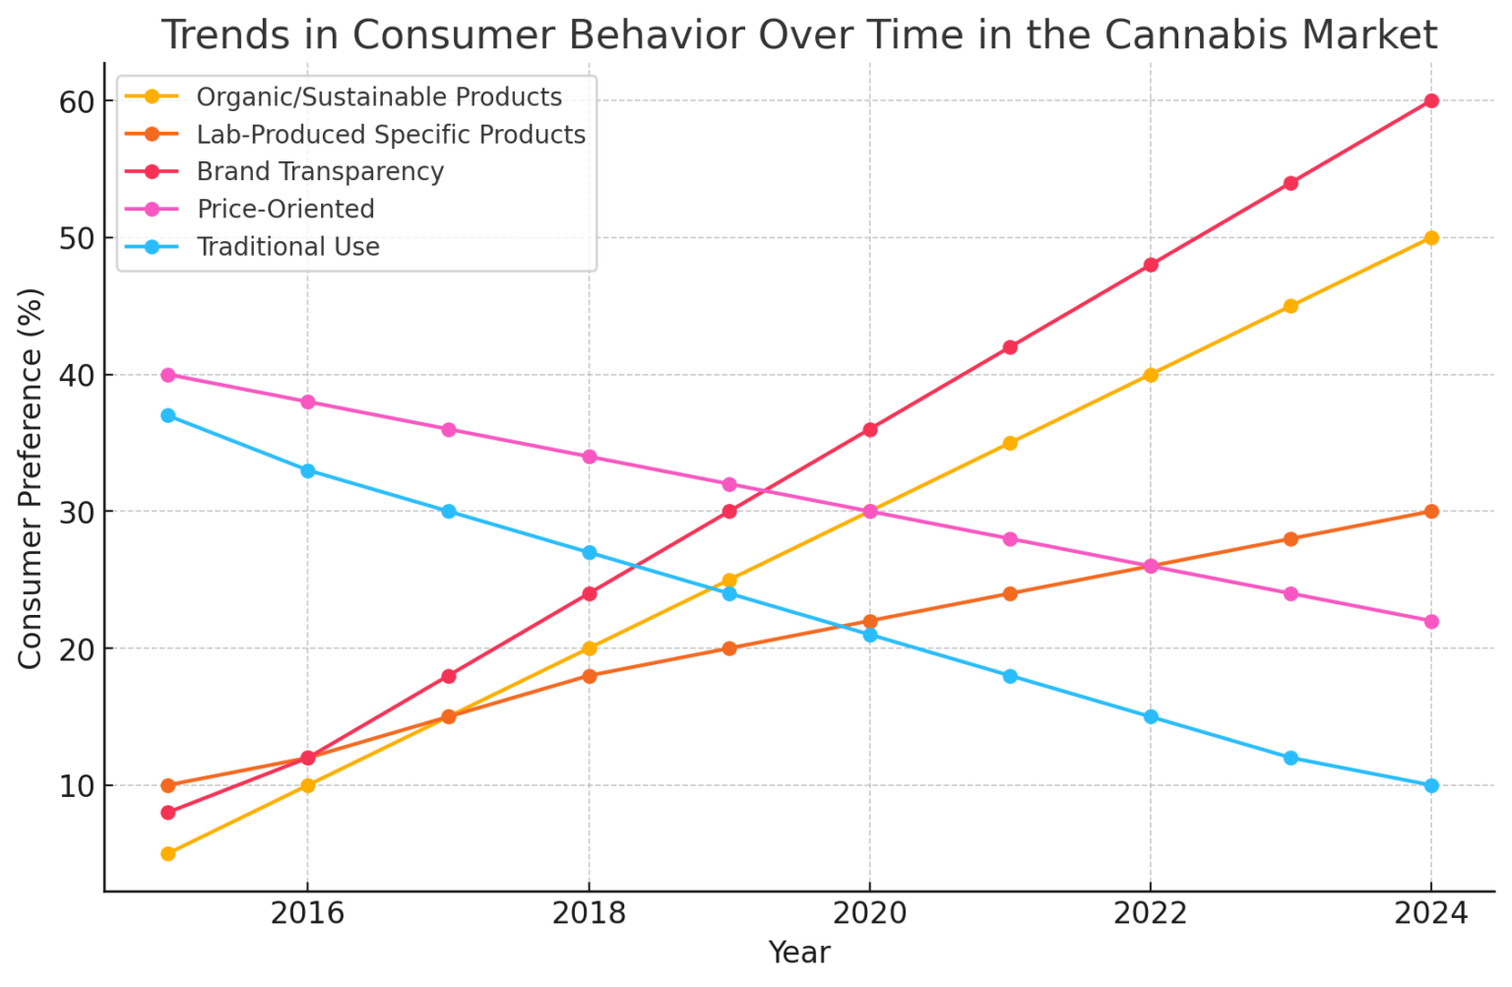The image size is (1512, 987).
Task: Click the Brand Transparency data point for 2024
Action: click(1430, 100)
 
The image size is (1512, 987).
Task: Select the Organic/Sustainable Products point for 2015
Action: click(168, 853)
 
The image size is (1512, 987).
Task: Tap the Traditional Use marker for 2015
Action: click(168, 415)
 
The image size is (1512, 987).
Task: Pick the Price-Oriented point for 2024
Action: click(1430, 621)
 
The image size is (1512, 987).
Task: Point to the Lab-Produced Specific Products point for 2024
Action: click(1430, 512)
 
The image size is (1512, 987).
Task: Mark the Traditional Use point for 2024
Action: click(1430, 785)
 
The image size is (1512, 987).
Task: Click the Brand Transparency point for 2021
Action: click(1010, 346)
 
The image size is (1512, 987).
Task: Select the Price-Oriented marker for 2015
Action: click(168, 375)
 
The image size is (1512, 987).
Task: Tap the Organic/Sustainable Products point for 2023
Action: click(1291, 306)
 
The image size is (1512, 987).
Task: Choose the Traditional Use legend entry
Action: click(287, 247)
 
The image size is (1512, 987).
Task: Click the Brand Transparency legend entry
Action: click(320, 172)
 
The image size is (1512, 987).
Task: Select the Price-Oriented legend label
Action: click(285, 210)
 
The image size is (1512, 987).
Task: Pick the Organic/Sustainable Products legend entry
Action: click(379, 97)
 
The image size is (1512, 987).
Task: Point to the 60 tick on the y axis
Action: click(80, 101)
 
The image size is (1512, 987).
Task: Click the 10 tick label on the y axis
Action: click(80, 786)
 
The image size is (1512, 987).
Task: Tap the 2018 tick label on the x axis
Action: click(589, 914)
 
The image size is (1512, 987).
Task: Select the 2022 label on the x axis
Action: click(1150, 914)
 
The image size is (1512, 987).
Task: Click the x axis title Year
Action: click(798, 954)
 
